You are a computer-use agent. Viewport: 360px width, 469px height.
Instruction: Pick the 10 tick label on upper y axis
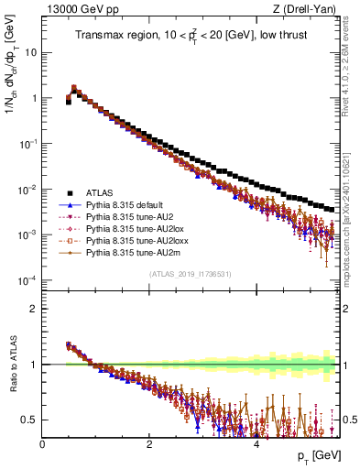[31, 52]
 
